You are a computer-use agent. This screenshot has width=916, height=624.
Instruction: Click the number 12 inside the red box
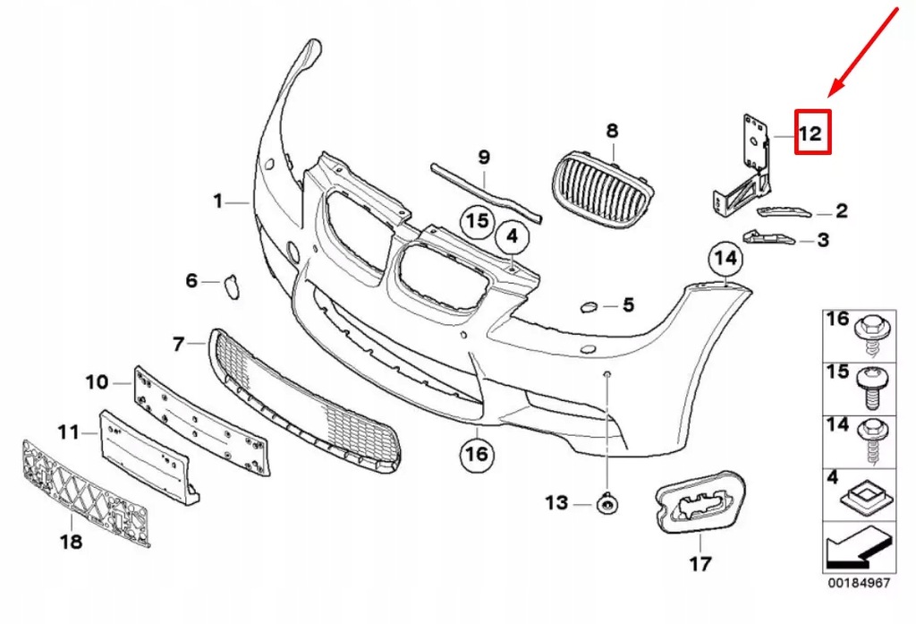810,134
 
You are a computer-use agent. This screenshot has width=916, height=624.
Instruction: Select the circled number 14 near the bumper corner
726,260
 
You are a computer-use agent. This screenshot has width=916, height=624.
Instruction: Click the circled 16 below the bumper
477,454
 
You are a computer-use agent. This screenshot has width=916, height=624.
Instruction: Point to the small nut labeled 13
607,506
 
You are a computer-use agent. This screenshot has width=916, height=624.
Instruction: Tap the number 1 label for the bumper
217,202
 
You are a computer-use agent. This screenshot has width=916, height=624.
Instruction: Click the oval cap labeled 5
589,307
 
